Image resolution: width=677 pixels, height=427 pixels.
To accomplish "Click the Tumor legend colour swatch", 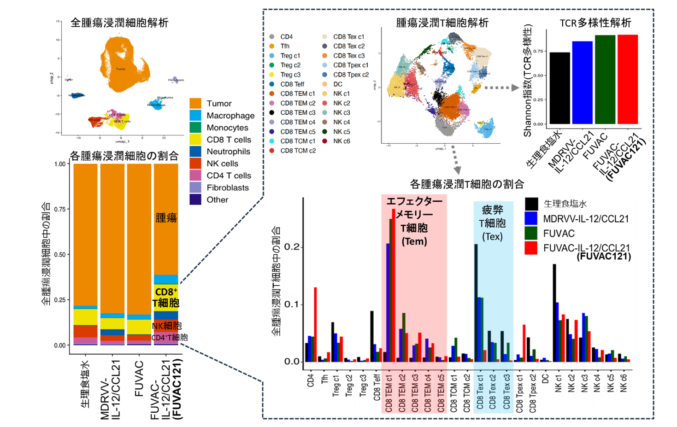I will pos(195,103).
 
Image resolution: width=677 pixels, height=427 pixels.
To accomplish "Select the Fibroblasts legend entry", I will pos(227,187).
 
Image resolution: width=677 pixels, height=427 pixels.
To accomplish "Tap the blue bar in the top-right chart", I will pos(582,82).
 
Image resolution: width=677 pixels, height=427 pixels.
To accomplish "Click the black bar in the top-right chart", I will pos(559,88).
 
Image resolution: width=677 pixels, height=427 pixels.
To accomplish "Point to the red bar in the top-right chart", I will pos(628,79).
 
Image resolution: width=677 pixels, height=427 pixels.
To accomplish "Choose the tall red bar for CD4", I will pos(315,324).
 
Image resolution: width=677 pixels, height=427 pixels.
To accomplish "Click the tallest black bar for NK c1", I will pos(554,313).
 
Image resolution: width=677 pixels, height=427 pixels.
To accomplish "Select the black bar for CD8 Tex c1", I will pos(476,303).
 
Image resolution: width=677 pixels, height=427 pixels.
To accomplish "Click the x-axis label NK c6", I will pos(624,383).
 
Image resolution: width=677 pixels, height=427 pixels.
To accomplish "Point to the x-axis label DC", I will pos(545,379).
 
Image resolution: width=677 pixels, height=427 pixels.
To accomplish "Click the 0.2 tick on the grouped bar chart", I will pos(292,247).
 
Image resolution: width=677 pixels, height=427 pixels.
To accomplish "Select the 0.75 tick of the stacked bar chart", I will pos(60,209).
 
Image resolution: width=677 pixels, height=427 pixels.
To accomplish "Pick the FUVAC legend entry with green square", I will pos(559,234).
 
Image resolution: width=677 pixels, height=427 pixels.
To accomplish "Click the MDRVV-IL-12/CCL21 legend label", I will pos(586,219).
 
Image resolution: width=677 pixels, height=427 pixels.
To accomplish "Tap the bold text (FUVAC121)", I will pos(604,257).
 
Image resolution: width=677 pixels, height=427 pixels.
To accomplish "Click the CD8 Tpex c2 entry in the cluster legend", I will pos(351,75).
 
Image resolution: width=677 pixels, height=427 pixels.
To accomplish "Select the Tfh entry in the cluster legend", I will pos(285,46).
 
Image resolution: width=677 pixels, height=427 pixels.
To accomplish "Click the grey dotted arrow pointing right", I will pos(502,88).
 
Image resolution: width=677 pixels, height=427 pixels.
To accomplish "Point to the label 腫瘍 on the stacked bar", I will pos(166,217).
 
